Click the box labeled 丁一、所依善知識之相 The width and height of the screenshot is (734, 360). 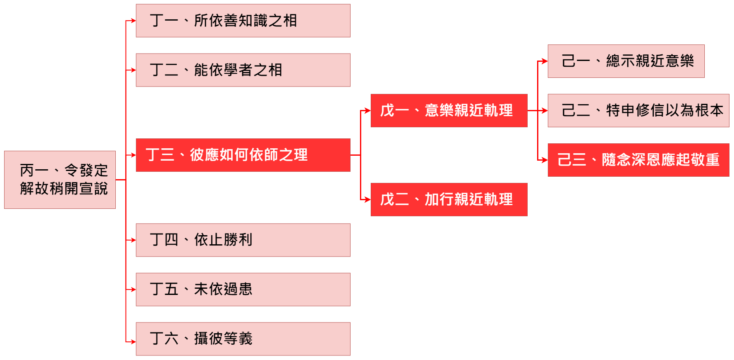tap(243, 21)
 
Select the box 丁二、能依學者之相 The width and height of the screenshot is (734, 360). tap(243, 70)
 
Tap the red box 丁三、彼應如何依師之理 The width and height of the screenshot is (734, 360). tap(243, 155)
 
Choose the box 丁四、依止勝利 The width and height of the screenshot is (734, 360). tap(243, 240)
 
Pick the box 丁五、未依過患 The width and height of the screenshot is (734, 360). tap(243, 290)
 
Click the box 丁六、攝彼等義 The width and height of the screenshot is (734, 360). tap(243, 339)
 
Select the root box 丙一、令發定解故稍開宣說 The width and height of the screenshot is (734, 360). tap(60, 180)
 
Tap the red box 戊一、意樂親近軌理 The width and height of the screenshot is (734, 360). tap(449, 110)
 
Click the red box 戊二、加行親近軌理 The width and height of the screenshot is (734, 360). tap(449, 199)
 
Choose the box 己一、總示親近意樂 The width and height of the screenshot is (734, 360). tap(626, 61)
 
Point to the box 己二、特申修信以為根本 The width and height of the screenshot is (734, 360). tap(638, 110)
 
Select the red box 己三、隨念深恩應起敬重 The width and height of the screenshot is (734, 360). tap(638, 160)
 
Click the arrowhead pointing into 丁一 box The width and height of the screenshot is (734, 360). tap(133, 21)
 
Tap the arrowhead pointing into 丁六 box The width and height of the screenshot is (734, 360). tap(133, 341)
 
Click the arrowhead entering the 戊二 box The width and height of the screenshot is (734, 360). tap(367, 200)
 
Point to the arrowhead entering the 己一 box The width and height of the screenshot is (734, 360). tap(545, 61)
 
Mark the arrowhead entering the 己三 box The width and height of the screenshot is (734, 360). tap(545, 160)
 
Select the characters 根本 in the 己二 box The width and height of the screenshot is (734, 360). tap(709, 110)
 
